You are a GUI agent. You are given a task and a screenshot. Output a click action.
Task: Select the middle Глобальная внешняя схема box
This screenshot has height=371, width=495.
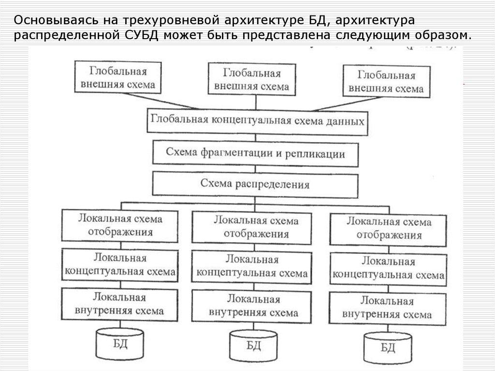(x=252, y=80)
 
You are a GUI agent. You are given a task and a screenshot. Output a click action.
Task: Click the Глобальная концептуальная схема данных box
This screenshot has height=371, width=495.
(x=257, y=120)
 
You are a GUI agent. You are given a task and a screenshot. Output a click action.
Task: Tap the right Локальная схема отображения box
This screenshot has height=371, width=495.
(x=389, y=229)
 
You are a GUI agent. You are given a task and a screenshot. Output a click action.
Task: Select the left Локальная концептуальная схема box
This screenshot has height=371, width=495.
(x=120, y=265)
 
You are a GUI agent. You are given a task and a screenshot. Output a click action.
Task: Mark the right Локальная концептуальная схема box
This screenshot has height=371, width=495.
(x=388, y=268)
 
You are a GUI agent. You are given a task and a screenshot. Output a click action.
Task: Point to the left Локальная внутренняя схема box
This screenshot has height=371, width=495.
(x=119, y=303)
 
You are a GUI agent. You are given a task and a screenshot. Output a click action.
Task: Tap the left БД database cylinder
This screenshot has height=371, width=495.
(x=120, y=341)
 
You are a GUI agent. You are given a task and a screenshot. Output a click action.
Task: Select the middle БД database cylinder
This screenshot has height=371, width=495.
(x=254, y=344)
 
